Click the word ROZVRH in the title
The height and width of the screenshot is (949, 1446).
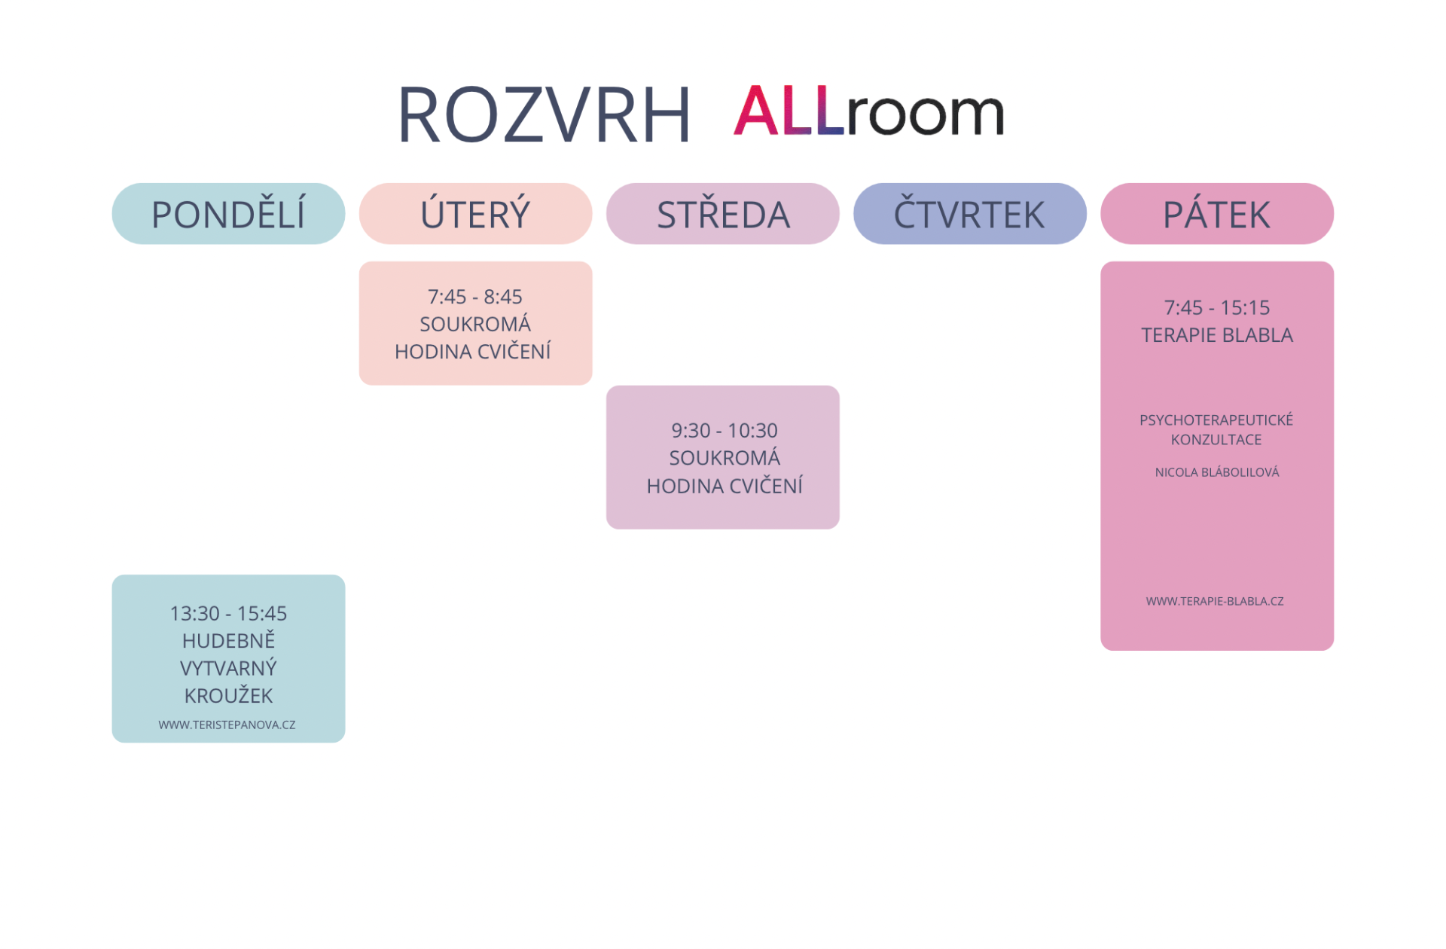(543, 115)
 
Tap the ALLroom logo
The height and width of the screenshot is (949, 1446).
(868, 111)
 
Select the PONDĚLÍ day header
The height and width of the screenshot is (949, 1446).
(228, 215)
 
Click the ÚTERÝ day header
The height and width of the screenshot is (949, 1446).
(475, 215)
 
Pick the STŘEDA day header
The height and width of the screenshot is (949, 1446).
(723, 215)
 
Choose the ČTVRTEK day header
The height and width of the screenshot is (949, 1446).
(969, 215)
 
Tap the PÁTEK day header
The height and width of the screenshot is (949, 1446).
(1216, 215)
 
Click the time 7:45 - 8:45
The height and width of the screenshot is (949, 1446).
(474, 297)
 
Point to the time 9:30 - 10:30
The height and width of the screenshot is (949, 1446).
(725, 431)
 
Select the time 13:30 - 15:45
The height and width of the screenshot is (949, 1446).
(228, 614)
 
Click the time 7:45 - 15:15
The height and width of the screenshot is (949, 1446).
(1216, 308)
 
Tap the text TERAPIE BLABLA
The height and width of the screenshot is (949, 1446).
(1216, 335)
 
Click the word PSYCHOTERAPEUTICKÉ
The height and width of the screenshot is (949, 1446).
(1216, 420)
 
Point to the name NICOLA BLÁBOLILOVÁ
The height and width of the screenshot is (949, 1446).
(1216, 472)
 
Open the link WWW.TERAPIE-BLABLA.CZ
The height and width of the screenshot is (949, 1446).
(1214, 601)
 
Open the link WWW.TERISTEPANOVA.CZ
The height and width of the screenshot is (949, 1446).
(227, 725)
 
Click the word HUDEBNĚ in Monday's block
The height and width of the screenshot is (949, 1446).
(228, 641)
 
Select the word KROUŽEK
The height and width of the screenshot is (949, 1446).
(228, 696)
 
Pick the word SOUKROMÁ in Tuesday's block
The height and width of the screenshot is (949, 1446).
(474, 325)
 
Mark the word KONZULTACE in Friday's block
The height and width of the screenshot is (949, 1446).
(1216, 440)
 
